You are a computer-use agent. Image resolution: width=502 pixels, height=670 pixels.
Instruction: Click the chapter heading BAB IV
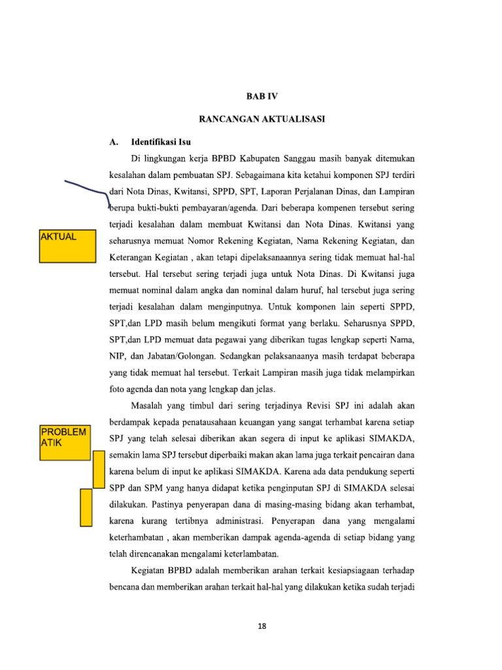click(262, 96)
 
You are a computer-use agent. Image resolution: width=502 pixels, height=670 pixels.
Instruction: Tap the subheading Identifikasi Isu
click(161, 141)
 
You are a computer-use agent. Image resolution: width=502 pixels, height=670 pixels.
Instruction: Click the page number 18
click(262, 626)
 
